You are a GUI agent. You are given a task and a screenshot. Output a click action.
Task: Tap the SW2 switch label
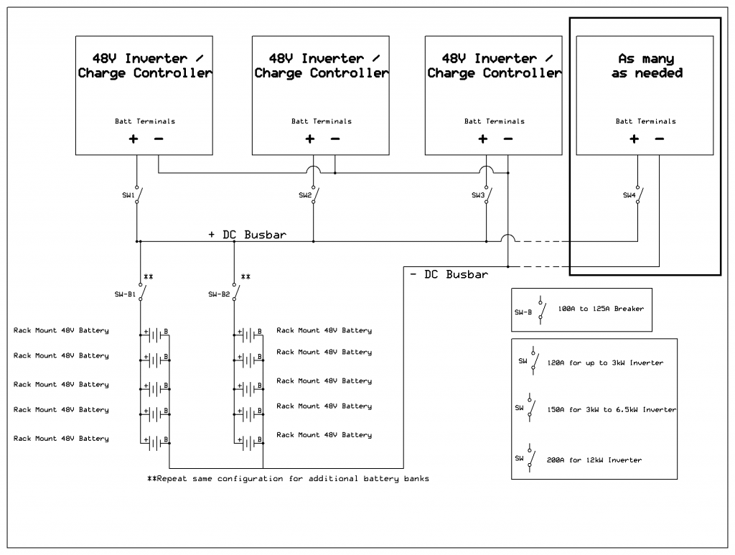[305, 195]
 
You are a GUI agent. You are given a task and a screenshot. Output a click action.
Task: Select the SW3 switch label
[478, 195]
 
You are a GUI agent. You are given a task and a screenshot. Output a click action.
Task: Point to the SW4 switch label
[629, 195]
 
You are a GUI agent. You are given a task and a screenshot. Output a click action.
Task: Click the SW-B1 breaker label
[127, 294]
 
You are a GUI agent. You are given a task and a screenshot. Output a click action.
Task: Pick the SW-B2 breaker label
[219, 294]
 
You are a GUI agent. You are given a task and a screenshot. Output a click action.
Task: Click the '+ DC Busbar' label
[248, 235]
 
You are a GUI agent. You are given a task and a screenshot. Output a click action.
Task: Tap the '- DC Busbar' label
[449, 274]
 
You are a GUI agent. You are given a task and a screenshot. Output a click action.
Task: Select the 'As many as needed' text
[646, 65]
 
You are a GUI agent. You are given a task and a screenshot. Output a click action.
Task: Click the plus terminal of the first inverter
[134, 139]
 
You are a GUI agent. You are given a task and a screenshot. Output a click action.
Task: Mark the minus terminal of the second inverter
[334, 139]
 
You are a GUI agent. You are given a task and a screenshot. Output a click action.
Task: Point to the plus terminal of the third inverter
[483, 139]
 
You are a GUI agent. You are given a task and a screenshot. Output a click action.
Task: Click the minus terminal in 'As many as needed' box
[659, 139]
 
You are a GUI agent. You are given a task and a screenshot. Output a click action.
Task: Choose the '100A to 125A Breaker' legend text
[601, 309]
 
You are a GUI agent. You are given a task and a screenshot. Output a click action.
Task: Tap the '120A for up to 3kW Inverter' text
[605, 363]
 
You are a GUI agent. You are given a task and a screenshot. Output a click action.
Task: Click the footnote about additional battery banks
[288, 479]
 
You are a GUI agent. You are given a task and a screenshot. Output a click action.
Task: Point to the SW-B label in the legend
[523, 313]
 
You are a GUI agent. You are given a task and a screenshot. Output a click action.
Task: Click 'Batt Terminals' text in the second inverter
[321, 121]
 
